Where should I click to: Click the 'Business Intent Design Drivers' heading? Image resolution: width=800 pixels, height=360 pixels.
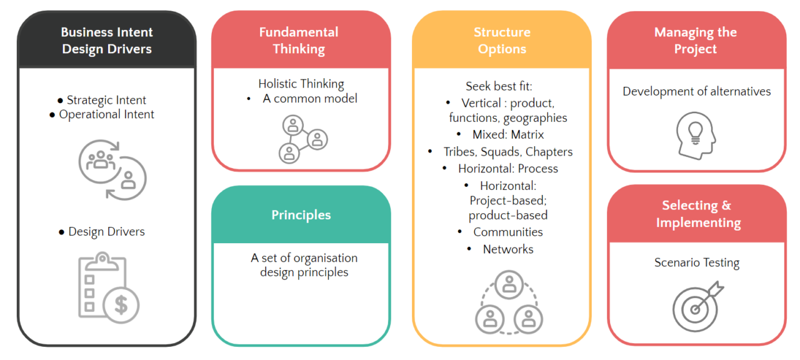pos(107,41)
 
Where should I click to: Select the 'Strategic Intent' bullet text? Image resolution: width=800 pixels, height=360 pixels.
pos(106,100)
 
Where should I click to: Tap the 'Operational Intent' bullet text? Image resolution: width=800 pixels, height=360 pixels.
pos(106,114)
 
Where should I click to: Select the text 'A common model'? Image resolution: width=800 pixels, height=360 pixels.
pos(310,98)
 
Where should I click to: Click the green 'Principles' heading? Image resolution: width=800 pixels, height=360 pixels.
pos(301,215)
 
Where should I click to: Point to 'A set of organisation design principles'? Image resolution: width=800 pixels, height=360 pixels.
pos(304,265)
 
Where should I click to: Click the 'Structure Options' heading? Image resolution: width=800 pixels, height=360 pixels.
pos(502,41)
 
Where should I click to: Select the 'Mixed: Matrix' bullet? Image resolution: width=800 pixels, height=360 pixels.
pos(508,134)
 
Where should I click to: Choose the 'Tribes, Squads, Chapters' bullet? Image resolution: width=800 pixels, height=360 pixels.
pos(507,152)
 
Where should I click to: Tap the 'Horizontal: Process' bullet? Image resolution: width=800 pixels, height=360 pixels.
pos(507,169)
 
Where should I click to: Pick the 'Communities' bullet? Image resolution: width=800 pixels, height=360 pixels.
pos(507,232)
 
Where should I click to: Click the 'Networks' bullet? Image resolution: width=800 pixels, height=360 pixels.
pos(507,249)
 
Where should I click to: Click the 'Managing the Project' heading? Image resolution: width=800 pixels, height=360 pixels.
pos(696,41)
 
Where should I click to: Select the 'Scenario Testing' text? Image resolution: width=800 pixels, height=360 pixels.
pos(697,262)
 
